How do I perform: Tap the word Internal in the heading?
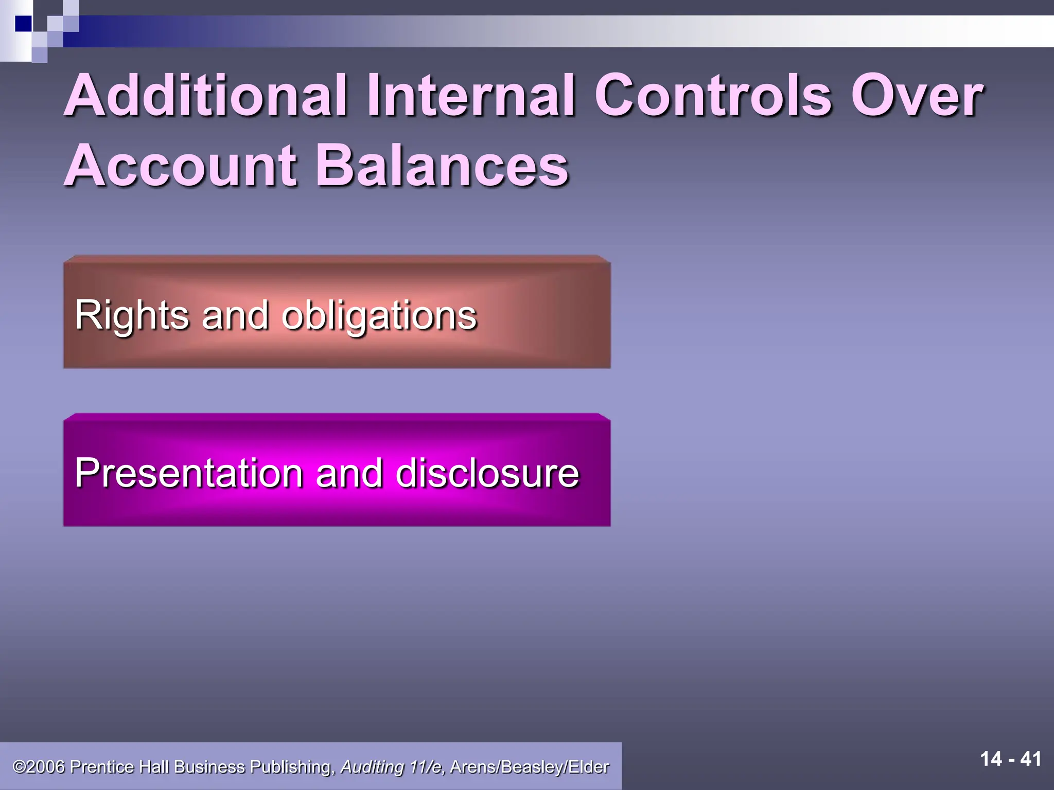[x=471, y=96]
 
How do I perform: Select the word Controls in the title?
[x=713, y=96]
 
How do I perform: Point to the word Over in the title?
[x=917, y=96]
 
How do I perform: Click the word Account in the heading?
[x=181, y=166]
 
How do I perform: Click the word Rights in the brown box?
[x=132, y=315]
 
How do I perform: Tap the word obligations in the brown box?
[x=380, y=315]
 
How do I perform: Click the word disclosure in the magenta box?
[x=487, y=473]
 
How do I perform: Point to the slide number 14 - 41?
[x=1010, y=759]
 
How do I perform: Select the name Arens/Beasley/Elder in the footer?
[x=529, y=767]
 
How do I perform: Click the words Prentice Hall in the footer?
[x=119, y=767]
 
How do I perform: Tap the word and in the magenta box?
[x=349, y=473]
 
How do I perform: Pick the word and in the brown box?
[x=235, y=315]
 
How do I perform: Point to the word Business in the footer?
[x=209, y=767]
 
